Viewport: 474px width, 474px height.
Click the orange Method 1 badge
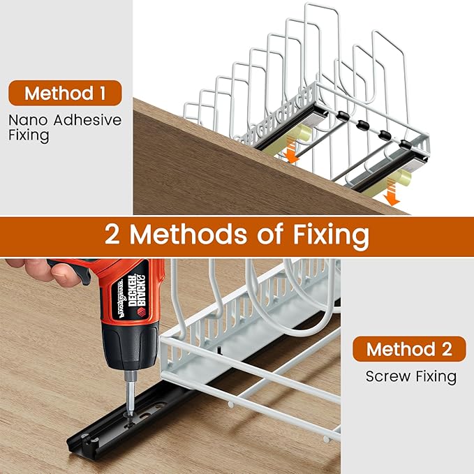tap(65, 93)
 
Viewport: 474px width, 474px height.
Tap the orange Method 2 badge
tap(409, 349)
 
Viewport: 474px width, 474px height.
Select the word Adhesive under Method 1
tap(87, 120)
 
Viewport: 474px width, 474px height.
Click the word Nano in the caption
tap(28, 120)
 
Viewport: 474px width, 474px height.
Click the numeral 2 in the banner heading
tap(112, 235)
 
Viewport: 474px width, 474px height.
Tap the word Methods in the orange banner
tap(188, 234)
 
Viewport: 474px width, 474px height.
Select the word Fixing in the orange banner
tap(331, 235)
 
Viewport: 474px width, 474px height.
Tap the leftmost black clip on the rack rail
tap(343, 116)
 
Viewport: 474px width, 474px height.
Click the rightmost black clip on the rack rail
tap(405, 145)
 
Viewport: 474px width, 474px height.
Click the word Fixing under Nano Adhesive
tap(29, 135)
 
